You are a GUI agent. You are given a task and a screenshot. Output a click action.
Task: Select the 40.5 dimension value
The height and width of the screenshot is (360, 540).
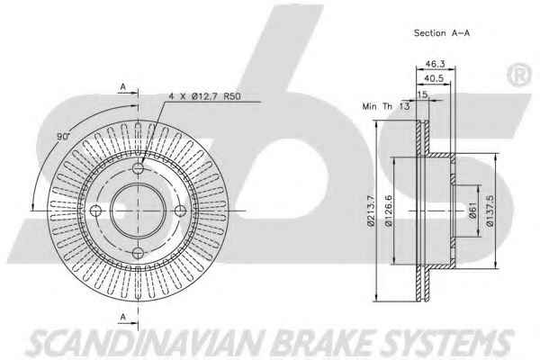pyautogui.click(x=436, y=79)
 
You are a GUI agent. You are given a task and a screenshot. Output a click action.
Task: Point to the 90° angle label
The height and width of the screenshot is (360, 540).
pyautogui.click(x=64, y=136)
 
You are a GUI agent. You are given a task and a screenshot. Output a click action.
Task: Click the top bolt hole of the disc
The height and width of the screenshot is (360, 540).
pyautogui.click(x=138, y=169)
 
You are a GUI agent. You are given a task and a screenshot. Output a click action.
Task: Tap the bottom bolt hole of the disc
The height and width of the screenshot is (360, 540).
pyautogui.click(x=138, y=252)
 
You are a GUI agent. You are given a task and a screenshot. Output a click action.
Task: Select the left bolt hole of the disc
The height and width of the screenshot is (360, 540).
pyautogui.click(x=96, y=211)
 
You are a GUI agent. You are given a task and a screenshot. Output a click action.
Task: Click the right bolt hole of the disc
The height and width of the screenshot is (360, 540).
pyautogui.click(x=179, y=211)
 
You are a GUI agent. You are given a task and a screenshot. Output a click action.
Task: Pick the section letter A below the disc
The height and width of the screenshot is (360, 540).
pyautogui.click(x=122, y=315)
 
